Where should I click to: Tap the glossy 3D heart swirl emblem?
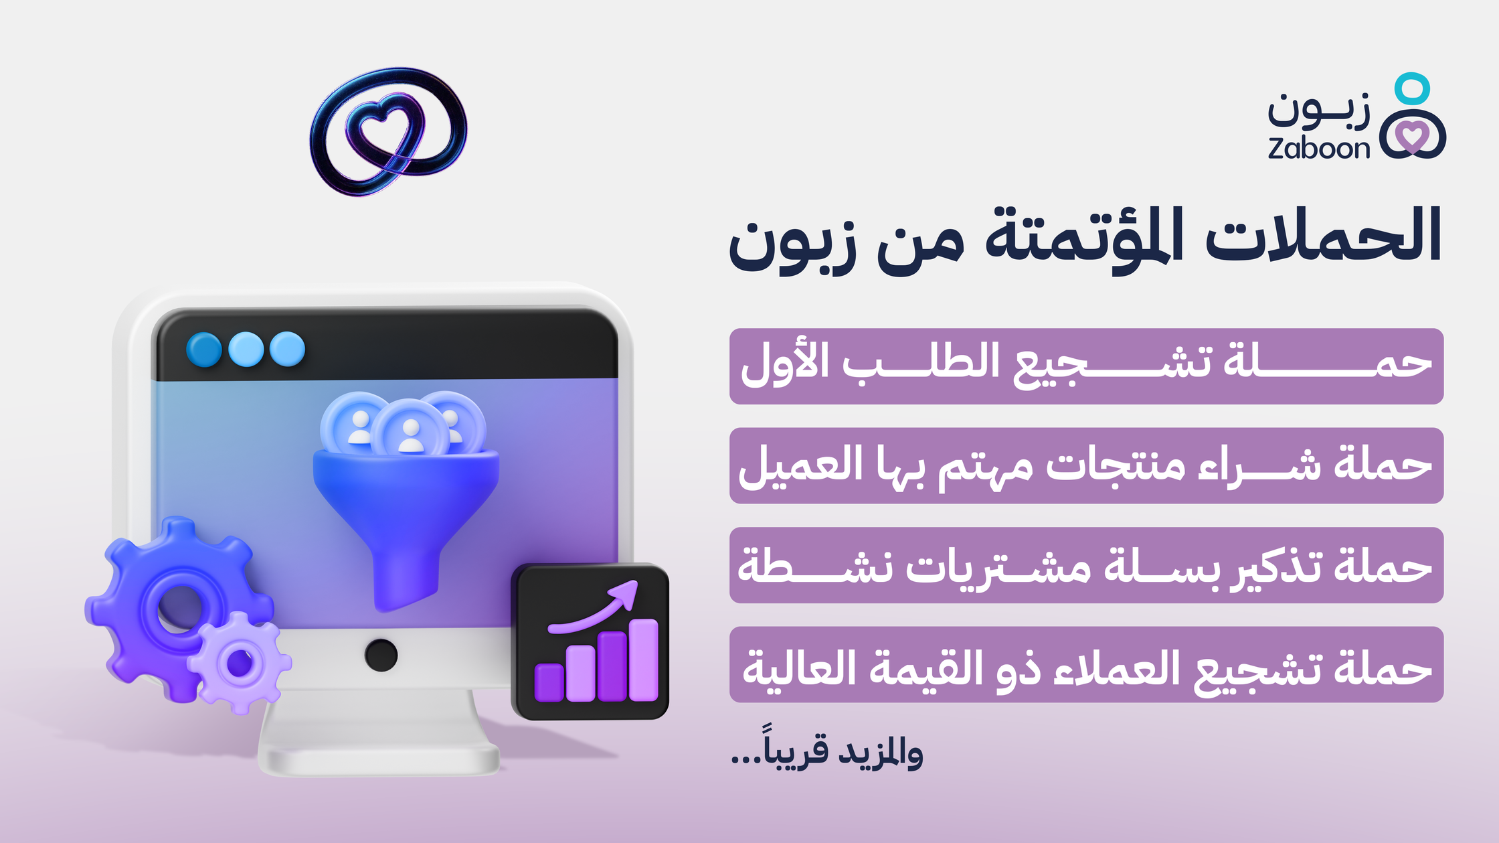click(x=388, y=131)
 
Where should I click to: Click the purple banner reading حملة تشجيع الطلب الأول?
click(x=1086, y=366)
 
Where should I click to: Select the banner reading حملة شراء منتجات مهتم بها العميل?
click(x=1086, y=465)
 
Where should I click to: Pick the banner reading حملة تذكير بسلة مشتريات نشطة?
click(x=1086, y=565)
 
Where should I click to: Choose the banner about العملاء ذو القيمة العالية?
click(x=1086, y=664)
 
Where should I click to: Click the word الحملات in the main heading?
click(x=1323, y=235)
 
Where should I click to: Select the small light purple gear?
click(x=240, y=663)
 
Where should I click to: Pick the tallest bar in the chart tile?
click(x=644, y=660)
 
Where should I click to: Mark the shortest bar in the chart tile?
click(x=549, y=683)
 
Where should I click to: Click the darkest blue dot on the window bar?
click(x=204, y=350)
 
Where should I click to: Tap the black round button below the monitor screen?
click(x=381, y=655)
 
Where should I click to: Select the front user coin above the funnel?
click(x=410, y=429)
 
